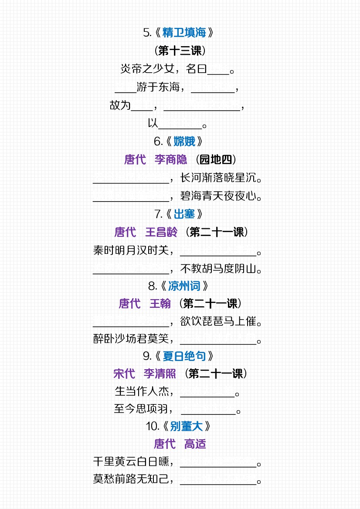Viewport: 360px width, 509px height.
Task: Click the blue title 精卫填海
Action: tap(184, 33)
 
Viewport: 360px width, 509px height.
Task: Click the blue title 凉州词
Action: tap(184, 286)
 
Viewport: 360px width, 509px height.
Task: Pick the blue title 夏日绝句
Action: tap(184, 356)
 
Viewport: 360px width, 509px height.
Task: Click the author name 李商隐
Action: tap(171, 160)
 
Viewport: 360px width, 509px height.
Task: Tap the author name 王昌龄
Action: tap(161, 232)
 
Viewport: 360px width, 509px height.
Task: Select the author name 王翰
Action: tap(160, 303)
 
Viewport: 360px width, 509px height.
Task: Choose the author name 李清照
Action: tap(160, 374)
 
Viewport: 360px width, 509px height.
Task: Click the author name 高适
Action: tap(195, 444)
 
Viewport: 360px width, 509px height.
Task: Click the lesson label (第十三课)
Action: tap(180, 51)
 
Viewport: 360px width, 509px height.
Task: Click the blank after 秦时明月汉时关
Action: tap(218, 252)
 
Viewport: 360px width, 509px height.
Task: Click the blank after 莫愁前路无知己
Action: tap(218, 481)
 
